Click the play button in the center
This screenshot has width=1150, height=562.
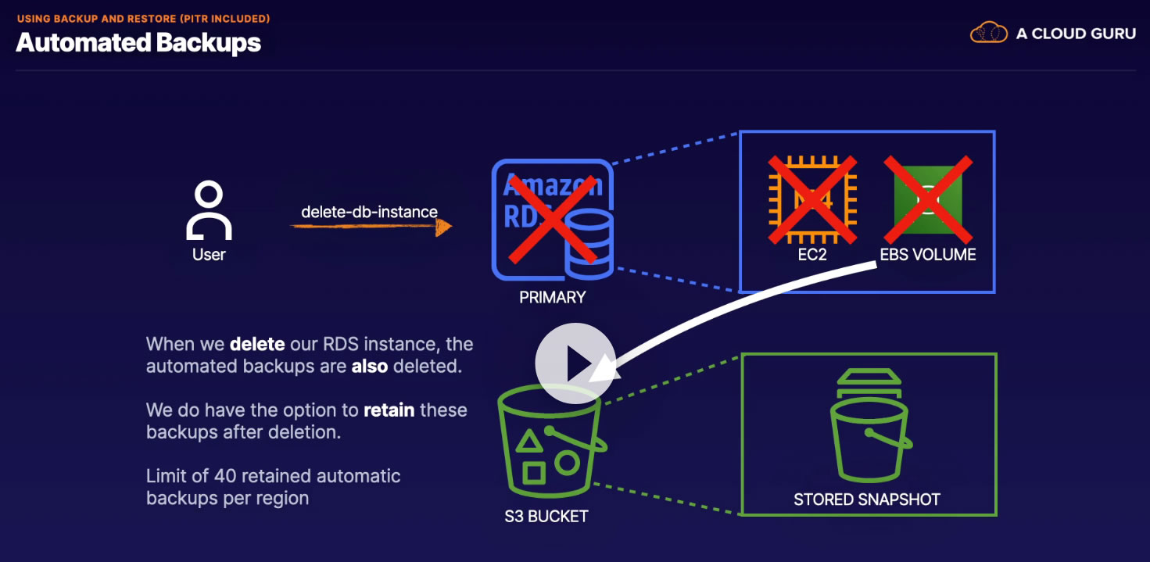(x=575, y=363)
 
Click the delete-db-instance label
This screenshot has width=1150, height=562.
(x=369, y=212)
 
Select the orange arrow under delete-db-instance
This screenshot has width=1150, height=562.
(x=371, y=227)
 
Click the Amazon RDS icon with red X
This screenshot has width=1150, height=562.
(x=553, y=220)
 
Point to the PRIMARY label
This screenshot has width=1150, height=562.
(x=552, y=297)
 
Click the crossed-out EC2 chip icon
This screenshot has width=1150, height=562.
(x=812, y=199)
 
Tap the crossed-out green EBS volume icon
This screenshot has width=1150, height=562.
(x=927, y=199)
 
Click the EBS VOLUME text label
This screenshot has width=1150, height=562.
(x=927, y=254)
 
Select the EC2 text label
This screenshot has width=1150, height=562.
(x=812, y=254)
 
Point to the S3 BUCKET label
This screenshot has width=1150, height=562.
(x=546, y=516)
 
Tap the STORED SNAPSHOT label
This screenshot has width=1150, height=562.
(x=867, y=499)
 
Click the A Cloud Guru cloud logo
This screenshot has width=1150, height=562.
(x=988, y=33)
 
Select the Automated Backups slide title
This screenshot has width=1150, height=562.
(x=138, y=42)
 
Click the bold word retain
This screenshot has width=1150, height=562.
(x=389, y=410)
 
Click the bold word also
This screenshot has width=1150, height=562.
(x=369, y=365)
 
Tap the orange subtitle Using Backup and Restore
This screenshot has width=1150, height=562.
(x=143, y=18)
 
